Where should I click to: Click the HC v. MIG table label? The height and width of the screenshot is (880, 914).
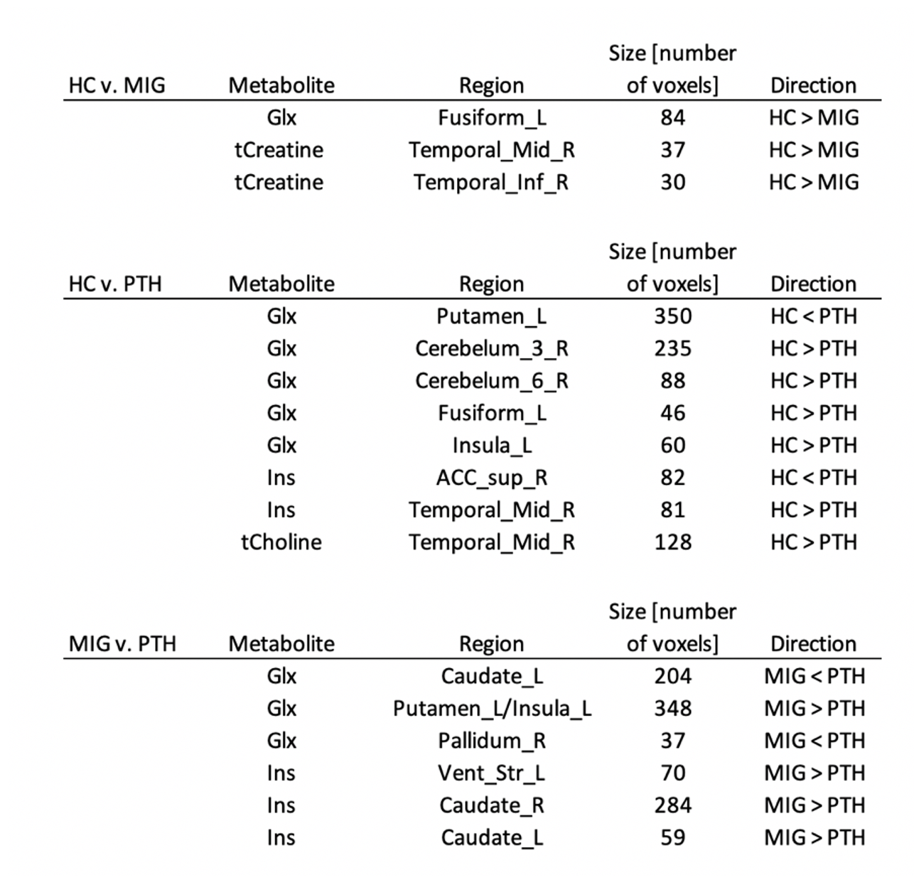(117, 85)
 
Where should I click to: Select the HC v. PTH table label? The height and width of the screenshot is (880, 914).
(115, 284)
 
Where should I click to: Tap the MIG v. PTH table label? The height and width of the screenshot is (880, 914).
(122, 643)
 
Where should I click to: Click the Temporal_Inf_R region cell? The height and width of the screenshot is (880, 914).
(491, 182)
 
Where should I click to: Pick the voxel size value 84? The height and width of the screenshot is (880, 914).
(672, 117)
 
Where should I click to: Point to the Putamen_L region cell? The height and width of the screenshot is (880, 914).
(491, 316)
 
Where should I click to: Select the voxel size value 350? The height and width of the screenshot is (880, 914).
(672, 316)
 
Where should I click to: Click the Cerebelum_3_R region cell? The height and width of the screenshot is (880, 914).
(491, 348)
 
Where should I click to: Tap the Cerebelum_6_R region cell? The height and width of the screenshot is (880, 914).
(491, 381)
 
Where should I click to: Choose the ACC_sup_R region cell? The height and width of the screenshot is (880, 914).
(491, 478)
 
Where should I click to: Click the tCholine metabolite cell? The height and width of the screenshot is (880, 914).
(281, 542)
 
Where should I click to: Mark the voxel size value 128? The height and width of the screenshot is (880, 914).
(672, 542)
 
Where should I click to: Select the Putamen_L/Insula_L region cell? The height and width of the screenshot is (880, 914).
(492, 709)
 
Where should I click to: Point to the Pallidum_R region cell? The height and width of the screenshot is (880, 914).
(491, 741)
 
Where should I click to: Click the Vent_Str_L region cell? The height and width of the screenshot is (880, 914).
(491, 773)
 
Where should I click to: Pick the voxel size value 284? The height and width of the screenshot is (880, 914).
(672, 805)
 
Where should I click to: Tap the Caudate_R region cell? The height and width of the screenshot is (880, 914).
(491, 805)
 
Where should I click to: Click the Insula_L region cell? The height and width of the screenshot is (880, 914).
(491, 446)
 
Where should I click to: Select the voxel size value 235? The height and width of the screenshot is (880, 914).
(672, 348)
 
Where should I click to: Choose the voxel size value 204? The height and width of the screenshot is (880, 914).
(672, 676)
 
